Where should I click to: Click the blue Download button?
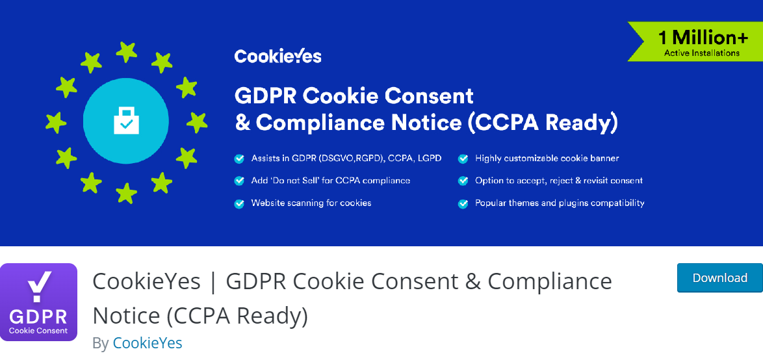coord(719,278)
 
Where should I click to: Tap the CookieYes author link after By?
coord(148,343)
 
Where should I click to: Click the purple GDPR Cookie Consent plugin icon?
coord(39,302)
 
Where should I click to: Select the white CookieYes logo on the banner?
coord(278,57)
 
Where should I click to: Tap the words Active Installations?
coord(702,53)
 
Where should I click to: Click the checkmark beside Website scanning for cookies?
coord(239,203)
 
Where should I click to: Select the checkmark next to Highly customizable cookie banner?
coord(463,159)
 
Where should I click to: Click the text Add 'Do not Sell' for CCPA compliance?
coord(331,181)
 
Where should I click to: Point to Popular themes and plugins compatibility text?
coord(560,203)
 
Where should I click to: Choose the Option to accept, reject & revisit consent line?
coord(559,181)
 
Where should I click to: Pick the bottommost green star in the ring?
coord(126,192)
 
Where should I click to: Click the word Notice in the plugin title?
coord(127,315)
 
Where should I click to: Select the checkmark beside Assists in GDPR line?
coord(239,159)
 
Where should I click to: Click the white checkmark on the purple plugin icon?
coord(38,286)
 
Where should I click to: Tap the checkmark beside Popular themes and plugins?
coord(463,203)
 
